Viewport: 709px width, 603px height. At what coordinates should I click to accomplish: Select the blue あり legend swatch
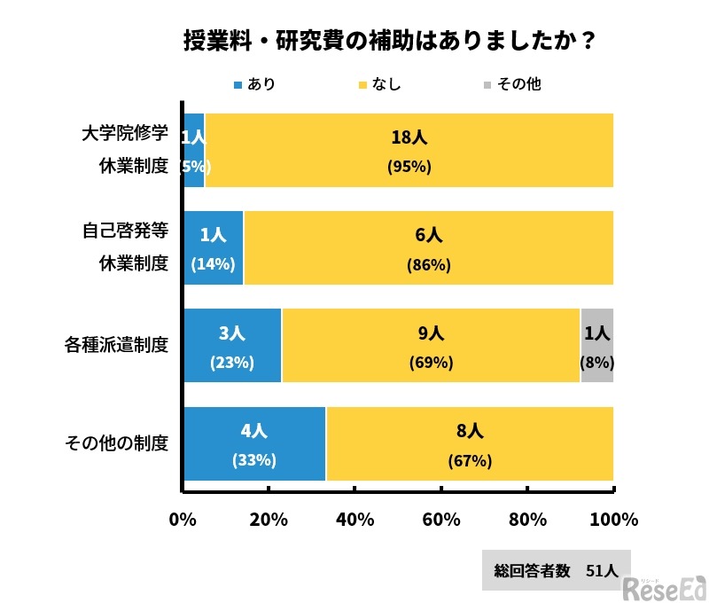238,85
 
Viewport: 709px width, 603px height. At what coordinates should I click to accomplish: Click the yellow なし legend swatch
362,85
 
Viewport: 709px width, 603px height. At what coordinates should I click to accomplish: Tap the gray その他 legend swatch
486,85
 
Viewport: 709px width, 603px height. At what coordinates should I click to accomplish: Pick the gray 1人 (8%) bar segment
596,345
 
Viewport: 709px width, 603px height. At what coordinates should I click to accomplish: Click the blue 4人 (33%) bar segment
254,443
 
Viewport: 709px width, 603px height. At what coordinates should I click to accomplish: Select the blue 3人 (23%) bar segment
232,345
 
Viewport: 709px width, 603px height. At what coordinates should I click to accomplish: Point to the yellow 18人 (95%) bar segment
409,150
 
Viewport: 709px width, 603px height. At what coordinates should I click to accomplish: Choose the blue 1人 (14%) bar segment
214,247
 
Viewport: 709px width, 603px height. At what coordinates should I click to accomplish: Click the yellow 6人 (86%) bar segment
429,247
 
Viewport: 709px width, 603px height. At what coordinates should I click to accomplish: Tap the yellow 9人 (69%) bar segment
431,345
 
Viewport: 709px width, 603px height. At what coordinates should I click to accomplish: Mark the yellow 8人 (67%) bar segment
470,443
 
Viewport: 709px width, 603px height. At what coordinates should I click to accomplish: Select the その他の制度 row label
117,442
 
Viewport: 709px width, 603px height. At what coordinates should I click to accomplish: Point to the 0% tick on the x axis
183,520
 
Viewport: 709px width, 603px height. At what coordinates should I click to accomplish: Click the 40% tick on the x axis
354,520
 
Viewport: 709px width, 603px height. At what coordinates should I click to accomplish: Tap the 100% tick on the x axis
613,520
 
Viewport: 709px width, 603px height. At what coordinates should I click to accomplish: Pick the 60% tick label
440,520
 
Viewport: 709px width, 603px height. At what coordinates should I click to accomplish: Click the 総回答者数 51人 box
556,570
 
